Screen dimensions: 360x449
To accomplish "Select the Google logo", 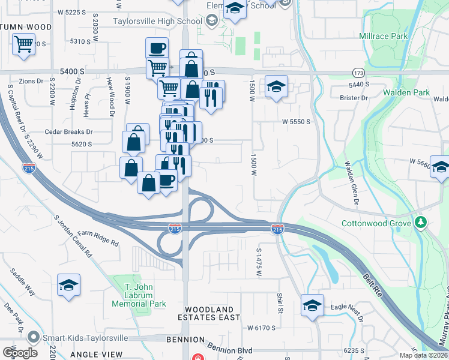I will pos(20,352).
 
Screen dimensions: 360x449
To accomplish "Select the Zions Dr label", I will pos(32,80).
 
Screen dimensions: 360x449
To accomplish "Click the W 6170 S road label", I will pos(261,328).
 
